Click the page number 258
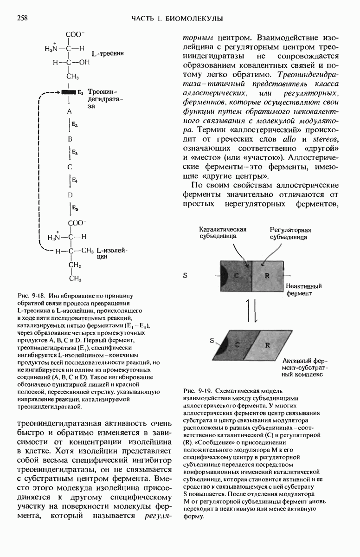[x=22, y=18]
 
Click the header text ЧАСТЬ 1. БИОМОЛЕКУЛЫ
[x=177, y=19]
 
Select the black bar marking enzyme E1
[x=68, y=92]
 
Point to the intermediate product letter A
[x=69, y=112]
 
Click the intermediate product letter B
[x=69, y=139]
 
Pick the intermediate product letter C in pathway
[x=69, y=167]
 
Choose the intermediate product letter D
[x=69, y=195]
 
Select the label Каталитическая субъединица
[x=222, y=232]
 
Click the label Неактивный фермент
[x=304, y=290]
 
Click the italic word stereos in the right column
[x=321, y=140]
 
